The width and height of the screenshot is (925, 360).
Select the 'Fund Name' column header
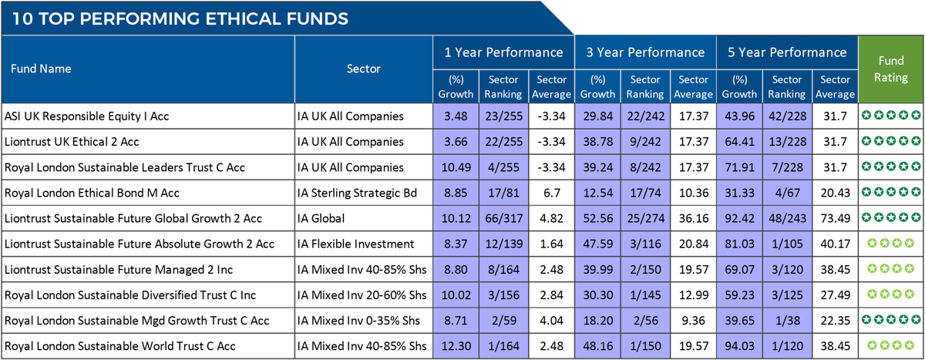[41, 69]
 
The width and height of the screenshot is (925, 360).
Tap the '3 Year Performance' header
[646, 52]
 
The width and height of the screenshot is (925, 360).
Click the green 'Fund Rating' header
[891, 69]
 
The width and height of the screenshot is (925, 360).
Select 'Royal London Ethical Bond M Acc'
[92, 193]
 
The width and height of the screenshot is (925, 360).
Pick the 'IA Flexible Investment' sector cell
[357, 244]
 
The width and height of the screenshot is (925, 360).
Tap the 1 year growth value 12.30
[456, 345]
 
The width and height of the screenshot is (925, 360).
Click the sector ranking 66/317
[503, 218]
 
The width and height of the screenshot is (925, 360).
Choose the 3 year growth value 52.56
[597, 218]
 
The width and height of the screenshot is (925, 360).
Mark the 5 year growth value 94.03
[740, 345]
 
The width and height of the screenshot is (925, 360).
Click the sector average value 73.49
[836, 218]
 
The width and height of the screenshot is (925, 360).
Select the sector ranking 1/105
[787, 244]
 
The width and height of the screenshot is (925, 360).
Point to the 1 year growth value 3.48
[456, 116]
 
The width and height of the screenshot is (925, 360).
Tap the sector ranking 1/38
[787, 320]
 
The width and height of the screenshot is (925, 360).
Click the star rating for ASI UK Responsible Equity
[891, 116]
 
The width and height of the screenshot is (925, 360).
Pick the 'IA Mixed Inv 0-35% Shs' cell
[360, 320]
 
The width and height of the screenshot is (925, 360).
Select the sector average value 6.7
[551, 193]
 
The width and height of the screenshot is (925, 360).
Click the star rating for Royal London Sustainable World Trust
[891, 345]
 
